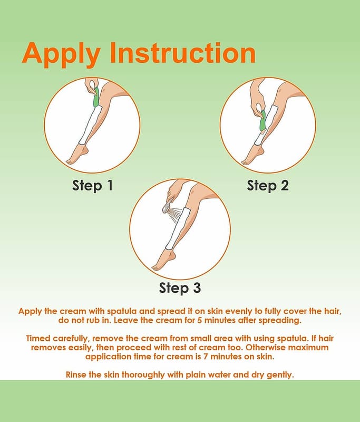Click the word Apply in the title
click(61, 54)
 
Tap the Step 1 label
click(92, 186)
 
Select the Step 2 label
click(268, 186)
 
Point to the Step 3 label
click(180, 287)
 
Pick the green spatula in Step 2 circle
click(262, 121)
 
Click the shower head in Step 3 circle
click(167, 208)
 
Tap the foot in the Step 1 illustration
click(76, 155)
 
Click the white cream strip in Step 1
click(90, 124)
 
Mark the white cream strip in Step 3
click(178, 228)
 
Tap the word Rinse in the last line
click(75, 375)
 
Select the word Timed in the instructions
click(38, 338)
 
